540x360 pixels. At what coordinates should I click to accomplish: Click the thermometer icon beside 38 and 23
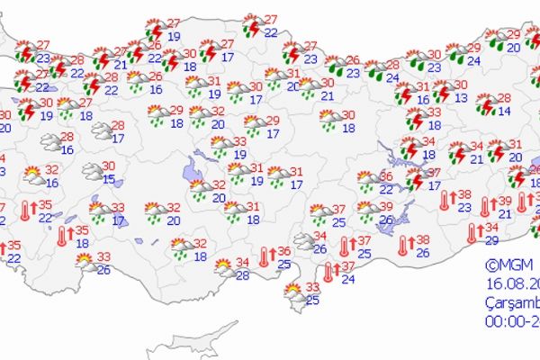click(443, 202)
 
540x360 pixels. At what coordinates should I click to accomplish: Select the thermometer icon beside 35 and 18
click(62, 237)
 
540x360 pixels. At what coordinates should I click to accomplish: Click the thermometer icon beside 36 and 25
click(263, 258)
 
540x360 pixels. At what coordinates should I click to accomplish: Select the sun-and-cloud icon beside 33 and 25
click(292, 292)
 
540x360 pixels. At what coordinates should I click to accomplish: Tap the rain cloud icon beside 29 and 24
click(456, 54)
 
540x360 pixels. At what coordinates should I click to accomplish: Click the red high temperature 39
click(505, 202)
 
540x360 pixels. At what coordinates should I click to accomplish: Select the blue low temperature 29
click(491, 239)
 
